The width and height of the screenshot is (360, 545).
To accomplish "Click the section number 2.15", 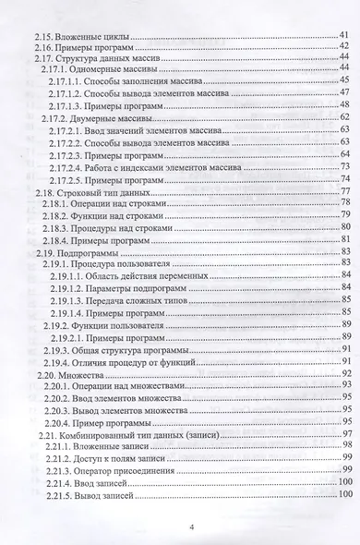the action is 34,33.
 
